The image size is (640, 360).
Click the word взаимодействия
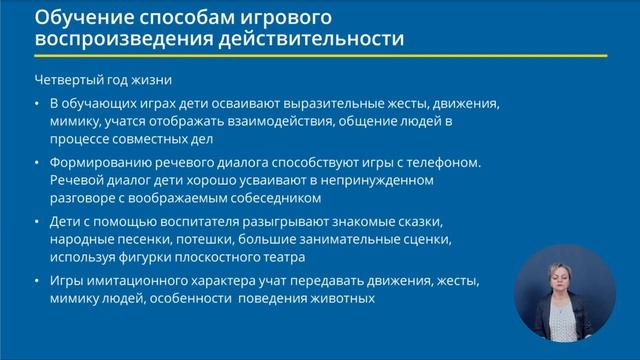pyautogui.click(x=287, y=121)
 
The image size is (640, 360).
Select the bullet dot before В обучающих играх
pyautogui.click(x=37, y=103)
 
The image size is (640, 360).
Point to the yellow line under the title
pyautogui.click(x=320, y=56)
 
